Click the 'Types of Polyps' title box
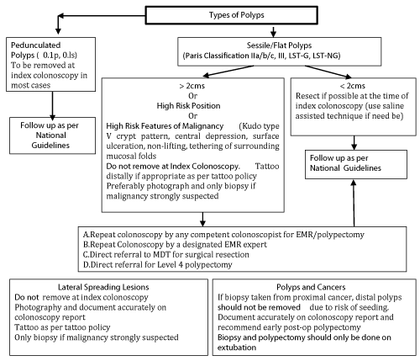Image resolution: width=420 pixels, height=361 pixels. point(231,15)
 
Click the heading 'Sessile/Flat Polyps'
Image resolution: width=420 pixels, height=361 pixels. point(279,45)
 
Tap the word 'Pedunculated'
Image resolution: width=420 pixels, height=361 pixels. point(35,45)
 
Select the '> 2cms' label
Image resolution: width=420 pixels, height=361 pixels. point(192,86)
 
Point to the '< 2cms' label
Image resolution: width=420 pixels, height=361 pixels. point(353,86)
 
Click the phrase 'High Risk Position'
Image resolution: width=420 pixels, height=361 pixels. point(188,106)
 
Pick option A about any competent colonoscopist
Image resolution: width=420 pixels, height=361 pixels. point(223,235)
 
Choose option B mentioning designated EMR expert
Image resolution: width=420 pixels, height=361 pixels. point(175,244)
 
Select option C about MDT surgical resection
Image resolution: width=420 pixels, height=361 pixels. point(165,254)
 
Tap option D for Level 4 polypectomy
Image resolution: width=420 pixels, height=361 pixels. point(157,264)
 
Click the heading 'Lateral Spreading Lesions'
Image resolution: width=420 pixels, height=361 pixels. point(103,287)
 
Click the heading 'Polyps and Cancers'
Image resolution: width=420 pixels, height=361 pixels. point(311,287)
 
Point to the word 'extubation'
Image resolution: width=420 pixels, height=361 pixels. point(237,348)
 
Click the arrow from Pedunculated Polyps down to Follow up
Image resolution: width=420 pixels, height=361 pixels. point(52,106)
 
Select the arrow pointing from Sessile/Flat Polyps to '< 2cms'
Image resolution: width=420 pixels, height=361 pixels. point(328,72)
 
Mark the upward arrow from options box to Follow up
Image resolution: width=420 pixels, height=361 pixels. point(354,203)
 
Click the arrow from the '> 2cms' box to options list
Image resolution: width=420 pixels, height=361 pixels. point(202,219)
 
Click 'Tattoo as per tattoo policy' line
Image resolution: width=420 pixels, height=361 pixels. point(62,327)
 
